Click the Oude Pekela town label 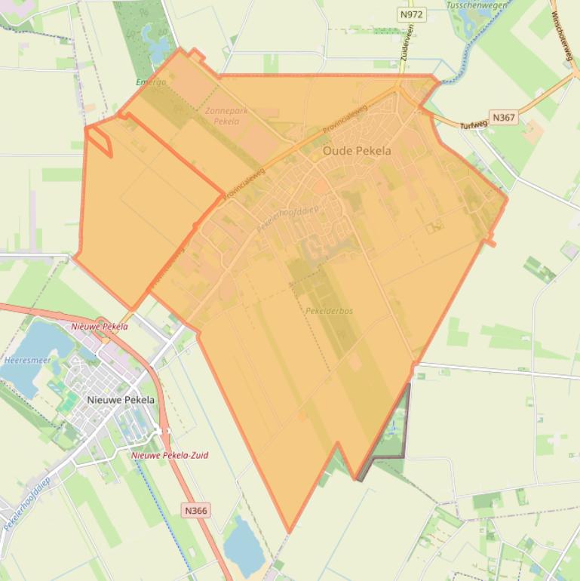click(x=357, y=151)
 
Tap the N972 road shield click(x=411, y=14)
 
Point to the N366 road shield click(x=195, y=511)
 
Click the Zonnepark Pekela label click(x=222, y=115)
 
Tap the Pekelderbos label click(x=329, y=311)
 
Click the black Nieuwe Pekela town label click(x=121, y=400)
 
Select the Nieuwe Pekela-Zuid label click(x=170, y=455)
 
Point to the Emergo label click(x=150, y=81)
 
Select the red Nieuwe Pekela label click(x=99, y=327)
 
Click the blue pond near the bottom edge click(x=243, y=545)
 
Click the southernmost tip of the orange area click(x=288, y=531)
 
